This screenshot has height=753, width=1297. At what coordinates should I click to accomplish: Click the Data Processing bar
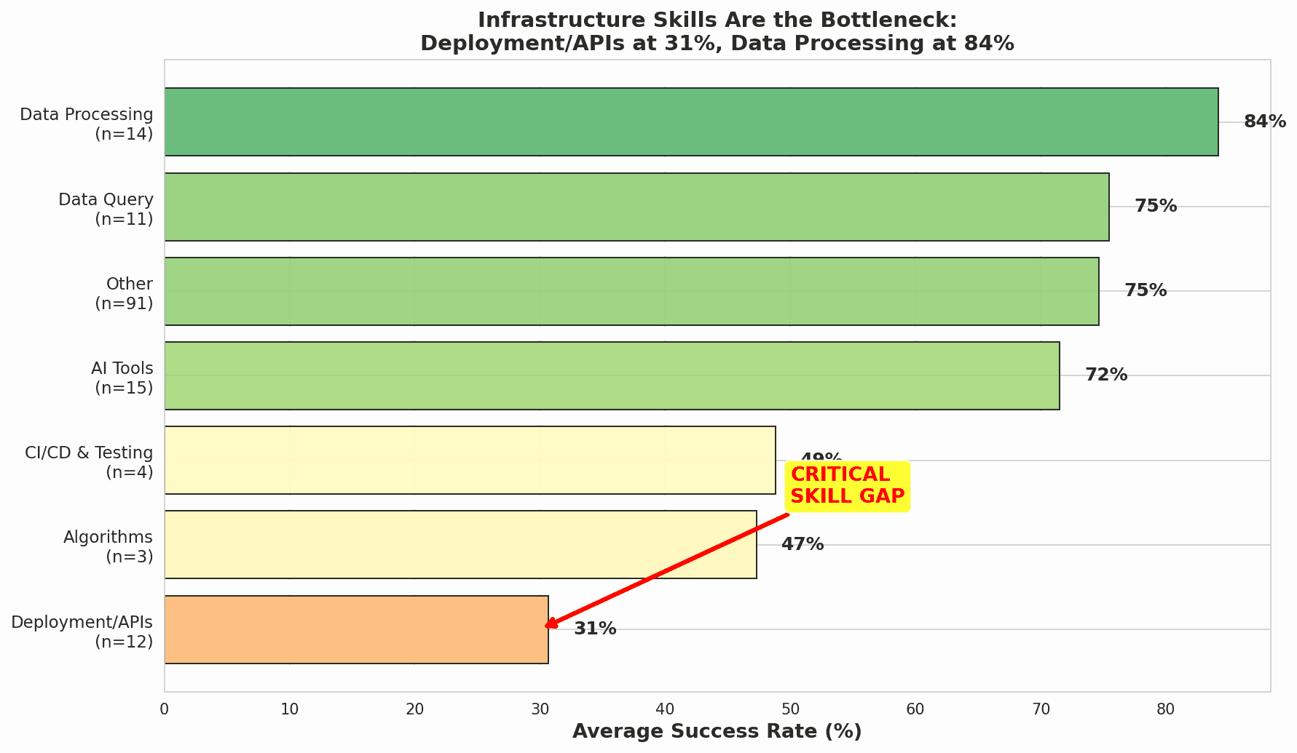pyautogui.click(x=690, y=122)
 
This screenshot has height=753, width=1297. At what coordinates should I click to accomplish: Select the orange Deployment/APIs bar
pyautogui.click(x=356, y=629)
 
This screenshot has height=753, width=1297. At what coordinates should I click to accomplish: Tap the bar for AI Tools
pyautogui.click(x=612, y=375)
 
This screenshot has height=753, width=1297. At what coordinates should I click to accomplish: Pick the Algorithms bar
pyautogui.click(x=460, y=544)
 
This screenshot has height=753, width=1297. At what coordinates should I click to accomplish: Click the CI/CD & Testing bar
pyautogui.click(x=470, y=460)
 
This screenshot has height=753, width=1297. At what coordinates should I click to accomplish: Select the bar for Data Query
pyautogui.click(x=636, y=207)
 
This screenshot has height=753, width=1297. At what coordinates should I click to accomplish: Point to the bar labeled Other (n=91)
pyautogui.click(x=631, y=291)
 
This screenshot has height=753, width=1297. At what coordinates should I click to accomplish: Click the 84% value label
pyautogui.click(x=1264, y=122)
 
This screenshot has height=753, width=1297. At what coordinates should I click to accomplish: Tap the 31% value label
pyautogui.click(x=595, y=629)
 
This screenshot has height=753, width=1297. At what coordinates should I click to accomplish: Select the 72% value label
pyautogui.click(x=1105, y=375)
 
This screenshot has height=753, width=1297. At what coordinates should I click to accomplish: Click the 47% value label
pyautogui.click(x=802, y=544)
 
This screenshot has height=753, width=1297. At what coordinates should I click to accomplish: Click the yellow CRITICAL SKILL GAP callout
pyautogui.click(x=847, y=485)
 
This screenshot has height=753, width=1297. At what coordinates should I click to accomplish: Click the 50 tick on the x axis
pyautogui.click(x=790, y=709)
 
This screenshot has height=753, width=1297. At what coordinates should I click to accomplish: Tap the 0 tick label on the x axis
pyautogui.click(x=165, y=709)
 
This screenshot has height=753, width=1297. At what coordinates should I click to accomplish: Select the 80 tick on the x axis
pyautogui.click(x=1165, y=709)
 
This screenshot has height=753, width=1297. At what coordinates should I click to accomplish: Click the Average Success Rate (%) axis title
pyautogui.click(x=717, y=732)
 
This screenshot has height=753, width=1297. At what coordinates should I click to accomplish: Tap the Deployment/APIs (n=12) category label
pyautogui.click(x=82, y=632)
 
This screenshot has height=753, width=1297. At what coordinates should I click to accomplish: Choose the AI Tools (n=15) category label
pyautogui.click(x=122, y=378)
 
